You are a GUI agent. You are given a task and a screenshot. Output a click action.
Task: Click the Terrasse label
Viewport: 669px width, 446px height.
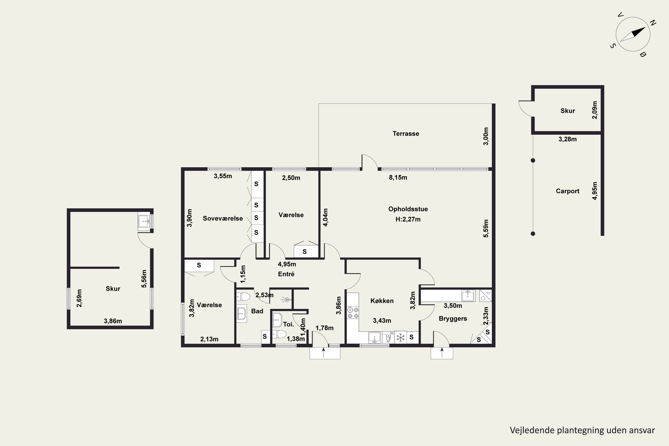(x=406, y=134)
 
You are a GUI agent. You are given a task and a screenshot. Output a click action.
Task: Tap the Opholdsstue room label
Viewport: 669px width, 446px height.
(x=408, y=209)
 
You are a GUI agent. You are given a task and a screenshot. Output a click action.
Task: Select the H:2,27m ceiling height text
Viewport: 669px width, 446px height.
(x=408, y=219)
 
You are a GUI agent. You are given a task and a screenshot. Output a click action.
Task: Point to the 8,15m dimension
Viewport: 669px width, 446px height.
(x=398, y=178)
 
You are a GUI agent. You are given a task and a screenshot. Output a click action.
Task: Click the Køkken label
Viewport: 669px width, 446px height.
(x=382, y=301)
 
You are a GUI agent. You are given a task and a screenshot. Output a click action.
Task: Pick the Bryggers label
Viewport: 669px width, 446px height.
(x=453, y=319)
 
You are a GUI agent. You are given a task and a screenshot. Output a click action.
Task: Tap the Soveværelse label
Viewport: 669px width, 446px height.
(x=223, y=219)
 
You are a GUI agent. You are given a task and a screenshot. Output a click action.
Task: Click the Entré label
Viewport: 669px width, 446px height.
(x=286, y=274)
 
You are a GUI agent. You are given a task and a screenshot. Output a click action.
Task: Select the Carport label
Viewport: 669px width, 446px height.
(x=568, y=191)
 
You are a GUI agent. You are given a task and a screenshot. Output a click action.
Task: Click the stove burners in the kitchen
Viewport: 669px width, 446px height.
(x=353, y=313)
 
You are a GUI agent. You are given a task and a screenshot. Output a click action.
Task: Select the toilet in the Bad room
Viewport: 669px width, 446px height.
(x=243, y=297)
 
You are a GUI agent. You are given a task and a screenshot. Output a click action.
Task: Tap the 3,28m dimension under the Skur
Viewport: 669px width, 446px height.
(x=568, y=139)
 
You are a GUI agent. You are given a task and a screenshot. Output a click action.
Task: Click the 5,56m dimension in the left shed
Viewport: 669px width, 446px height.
(x=144, y=279)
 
